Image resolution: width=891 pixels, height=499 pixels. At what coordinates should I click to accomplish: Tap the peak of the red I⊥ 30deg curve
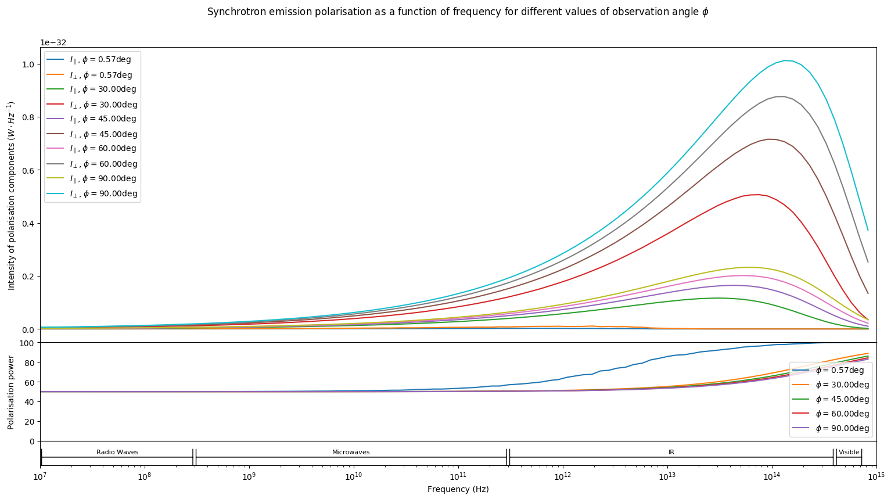pos(756,195)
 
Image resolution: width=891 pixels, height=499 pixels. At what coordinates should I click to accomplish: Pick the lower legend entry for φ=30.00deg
pos(842,385)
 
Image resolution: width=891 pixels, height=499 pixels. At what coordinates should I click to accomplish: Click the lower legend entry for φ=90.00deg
pos(842,428)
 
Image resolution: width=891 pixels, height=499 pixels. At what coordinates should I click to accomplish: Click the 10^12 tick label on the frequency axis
pos(562,476)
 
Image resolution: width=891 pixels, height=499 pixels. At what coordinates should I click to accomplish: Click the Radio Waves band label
pos(117,452)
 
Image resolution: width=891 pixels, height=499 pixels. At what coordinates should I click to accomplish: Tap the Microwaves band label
pos(351,452)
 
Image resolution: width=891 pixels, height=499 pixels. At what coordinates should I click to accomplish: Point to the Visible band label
pos(849,452)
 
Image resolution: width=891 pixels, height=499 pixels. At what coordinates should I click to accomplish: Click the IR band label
pos(671,452)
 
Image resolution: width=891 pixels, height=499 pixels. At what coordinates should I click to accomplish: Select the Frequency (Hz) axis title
pos(458,489)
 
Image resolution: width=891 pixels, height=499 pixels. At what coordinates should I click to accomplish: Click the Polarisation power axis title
pos(11,392)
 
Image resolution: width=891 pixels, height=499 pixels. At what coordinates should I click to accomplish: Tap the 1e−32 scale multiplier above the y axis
pos(53,42)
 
